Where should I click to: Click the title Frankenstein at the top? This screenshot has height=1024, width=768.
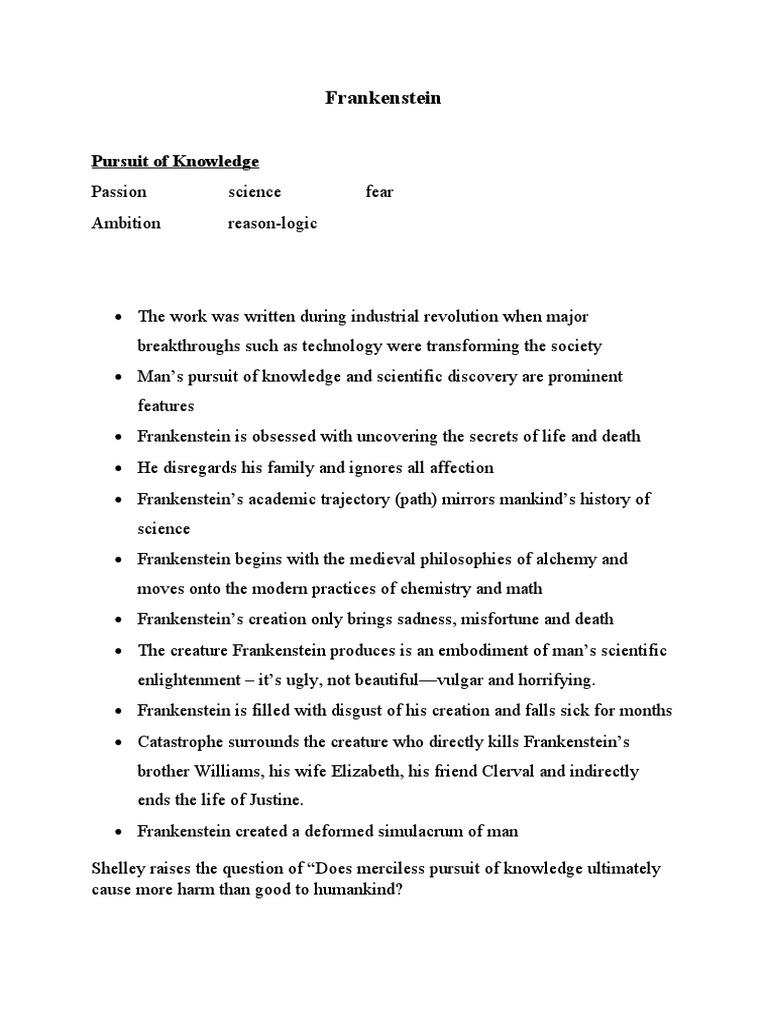tap(384, 99)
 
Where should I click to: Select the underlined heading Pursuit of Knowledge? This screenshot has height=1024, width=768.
tap(175, 161)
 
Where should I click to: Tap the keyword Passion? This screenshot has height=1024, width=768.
tap(119, 192)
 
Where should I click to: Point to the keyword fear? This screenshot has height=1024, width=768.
tap(380, 192)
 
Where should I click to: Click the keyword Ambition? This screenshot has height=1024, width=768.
tap(126, 223)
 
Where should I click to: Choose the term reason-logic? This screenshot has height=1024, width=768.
tap(272, 223)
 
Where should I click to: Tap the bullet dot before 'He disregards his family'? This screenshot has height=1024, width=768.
tap(118, 468)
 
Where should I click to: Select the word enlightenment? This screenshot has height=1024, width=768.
tap(182, 680)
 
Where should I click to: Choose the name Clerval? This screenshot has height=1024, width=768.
tap(505, 771)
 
